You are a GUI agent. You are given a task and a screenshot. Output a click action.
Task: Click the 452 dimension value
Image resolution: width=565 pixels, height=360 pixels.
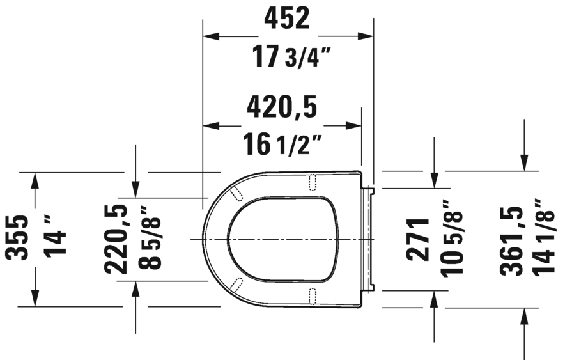pyautogui.click(x=287, y=19)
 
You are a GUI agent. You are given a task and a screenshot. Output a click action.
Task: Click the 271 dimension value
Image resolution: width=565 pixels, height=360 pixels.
pyautogui.click(x=419, y=239)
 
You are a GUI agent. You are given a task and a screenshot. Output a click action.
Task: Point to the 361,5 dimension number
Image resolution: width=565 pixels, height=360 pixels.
pyautogui.click(x=512, y=239)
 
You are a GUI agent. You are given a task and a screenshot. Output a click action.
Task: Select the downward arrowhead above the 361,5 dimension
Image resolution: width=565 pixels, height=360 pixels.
pyautogui.click(x=524, y=164)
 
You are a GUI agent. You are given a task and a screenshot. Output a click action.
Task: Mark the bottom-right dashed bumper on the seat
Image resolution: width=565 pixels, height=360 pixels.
pyautogui.click(x=313, y=294)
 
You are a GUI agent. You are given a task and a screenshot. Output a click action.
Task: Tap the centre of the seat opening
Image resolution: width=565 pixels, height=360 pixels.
pyautogui.click(x=281, y=239)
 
